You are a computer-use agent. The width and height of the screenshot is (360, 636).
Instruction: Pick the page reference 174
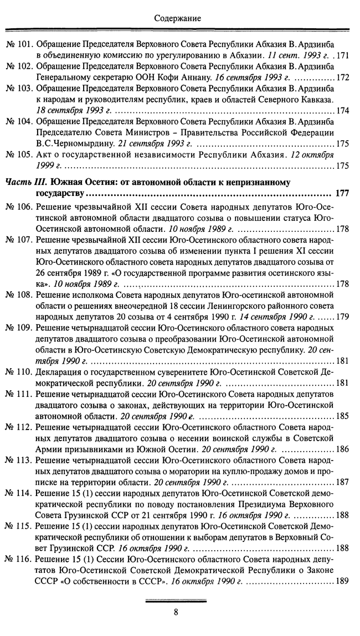click(x=342, y=111)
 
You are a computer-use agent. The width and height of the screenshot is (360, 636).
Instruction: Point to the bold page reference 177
click(x=342, y=193)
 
